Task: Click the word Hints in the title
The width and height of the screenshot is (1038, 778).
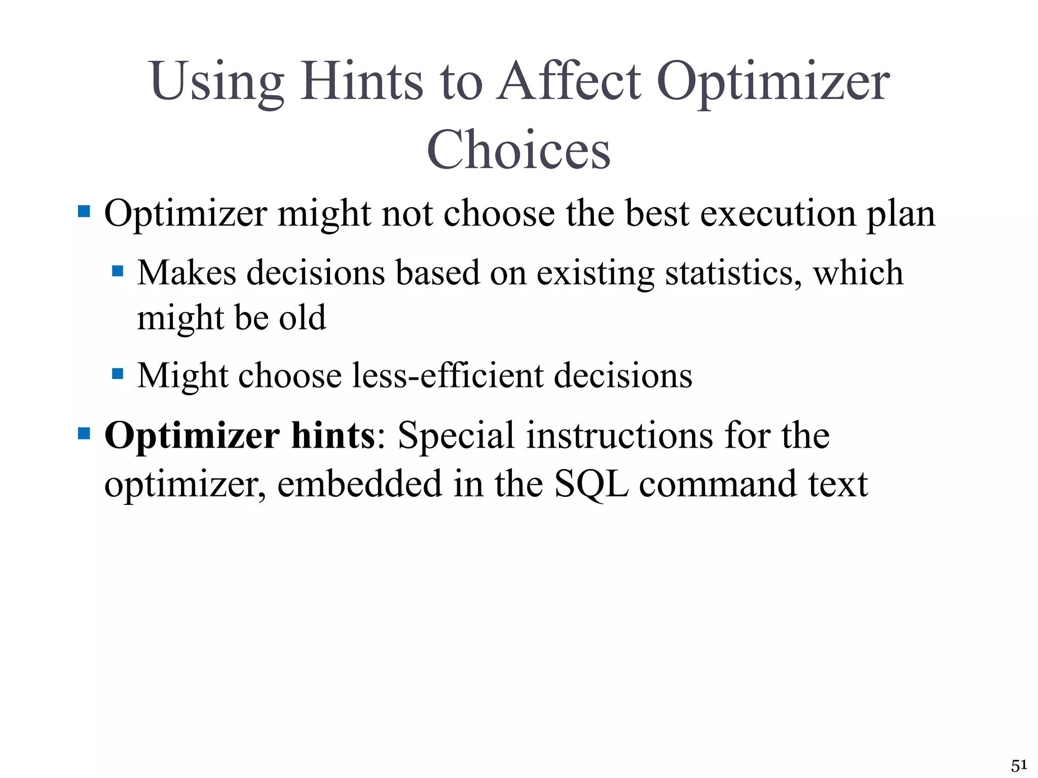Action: [361, 81]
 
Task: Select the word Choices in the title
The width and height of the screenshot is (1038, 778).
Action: [518, 150]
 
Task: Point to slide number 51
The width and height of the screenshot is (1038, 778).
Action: [1019, 765]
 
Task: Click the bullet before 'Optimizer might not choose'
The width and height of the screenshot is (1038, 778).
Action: [84, 211]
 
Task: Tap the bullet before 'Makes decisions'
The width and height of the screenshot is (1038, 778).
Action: [118, 271]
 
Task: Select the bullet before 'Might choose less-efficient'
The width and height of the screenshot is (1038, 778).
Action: [118, 374]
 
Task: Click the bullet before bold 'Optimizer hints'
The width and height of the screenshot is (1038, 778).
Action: [84, 434]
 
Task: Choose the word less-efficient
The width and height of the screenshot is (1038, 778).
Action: [448, 375]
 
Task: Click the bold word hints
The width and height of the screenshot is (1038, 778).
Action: [333, 435]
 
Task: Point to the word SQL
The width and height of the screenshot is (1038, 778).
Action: [591, 484]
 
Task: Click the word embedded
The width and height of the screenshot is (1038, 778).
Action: [360, 483]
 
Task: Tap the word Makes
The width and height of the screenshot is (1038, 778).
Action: [187, 273]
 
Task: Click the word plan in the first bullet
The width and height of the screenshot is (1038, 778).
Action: [901, 214]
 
